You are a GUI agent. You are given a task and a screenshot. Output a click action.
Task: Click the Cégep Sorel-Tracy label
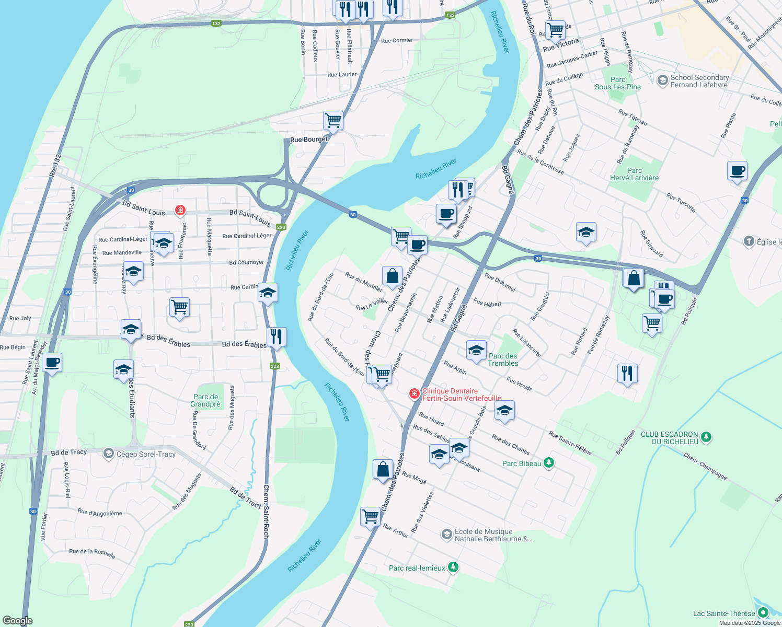(146, 454)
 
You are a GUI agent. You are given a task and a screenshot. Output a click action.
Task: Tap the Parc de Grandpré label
(205, 400)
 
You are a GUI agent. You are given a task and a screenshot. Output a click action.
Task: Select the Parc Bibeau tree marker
(548, 462)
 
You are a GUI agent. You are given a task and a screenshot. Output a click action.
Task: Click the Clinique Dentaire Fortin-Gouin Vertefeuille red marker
(415, 393)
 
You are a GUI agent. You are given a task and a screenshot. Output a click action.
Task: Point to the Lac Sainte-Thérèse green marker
(763, 612)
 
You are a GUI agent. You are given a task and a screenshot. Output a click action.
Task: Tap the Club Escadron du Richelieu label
(669, 438)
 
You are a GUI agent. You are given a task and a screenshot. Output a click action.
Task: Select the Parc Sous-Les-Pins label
(617, 84)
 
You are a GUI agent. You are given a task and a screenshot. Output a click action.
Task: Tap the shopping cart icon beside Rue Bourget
(333, 121)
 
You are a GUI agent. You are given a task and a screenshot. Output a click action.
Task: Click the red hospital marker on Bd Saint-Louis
(180, 211)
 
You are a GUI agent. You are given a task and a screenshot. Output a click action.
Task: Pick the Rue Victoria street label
(561, 45)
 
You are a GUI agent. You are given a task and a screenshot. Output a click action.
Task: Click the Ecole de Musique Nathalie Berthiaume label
(493, 535)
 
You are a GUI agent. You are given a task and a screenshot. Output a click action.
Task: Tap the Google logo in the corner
(18, 620)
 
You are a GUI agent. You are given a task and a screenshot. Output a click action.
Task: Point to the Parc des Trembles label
(503, 359)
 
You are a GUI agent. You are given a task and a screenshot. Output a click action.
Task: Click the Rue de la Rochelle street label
(92, 553)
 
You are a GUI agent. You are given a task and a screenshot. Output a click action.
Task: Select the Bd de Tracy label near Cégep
(69, 452)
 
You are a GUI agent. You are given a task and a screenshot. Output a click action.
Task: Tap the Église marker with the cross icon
(749, 241)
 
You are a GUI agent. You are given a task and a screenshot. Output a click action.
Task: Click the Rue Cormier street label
(397, 40)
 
